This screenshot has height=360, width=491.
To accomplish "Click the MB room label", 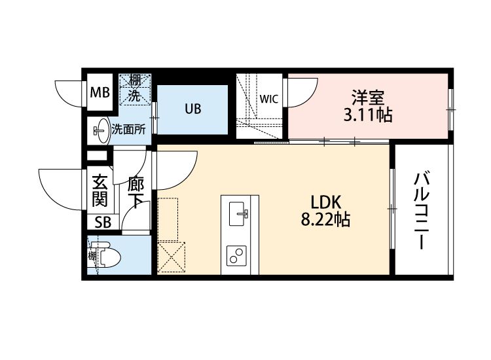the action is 100,92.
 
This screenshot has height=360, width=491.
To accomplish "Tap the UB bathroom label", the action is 192,109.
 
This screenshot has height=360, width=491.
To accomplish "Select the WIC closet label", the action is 268,99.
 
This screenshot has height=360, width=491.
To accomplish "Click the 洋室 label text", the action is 368,97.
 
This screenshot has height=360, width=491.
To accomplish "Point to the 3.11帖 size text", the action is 368,115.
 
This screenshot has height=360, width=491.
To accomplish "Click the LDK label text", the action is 325,202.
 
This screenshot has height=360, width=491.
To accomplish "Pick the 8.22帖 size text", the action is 325,219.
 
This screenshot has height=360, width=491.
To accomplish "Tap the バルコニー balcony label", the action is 422,210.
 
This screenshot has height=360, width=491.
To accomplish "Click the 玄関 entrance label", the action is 100,190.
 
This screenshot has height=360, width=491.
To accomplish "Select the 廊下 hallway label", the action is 136,192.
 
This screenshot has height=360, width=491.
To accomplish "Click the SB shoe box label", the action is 103,223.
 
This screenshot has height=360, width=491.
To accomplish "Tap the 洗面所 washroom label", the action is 129,130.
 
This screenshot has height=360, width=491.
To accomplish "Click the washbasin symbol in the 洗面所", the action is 101,130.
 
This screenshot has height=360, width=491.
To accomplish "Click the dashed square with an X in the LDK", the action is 172,257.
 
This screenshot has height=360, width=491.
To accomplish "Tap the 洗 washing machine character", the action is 135,95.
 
